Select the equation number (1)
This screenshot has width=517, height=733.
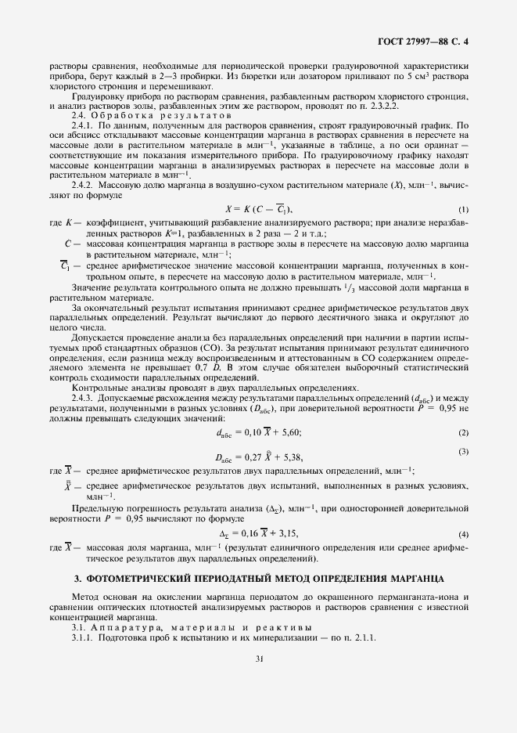point(463,209)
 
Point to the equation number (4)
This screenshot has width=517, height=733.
point(463,533)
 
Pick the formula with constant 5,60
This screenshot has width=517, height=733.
point(258,432)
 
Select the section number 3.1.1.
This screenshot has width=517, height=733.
point(82,637)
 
